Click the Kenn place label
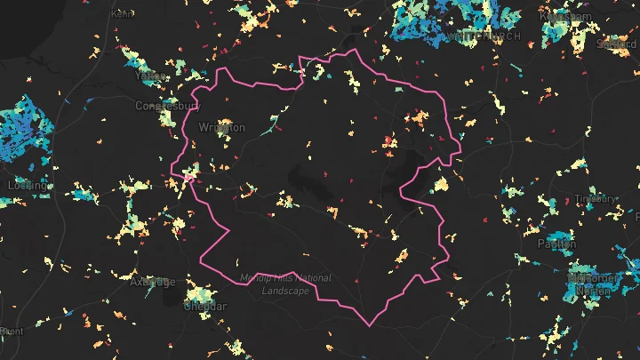pyautogui.click(x=124, y=14)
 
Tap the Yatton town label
pyautogui.click(x=148, y=76)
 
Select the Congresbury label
pyautogui.click(x=167, y=106)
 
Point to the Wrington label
pyautogui.click(x=222, y=128)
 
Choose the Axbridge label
pyautogui.click(x=152, y=282)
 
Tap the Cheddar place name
pyautogui.click(x=205, y=306)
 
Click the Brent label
pyautogui.click(x=11, y=331)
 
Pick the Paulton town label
pyautogui.click(x=556, y=243)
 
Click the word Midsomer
pyautogui.click(x=592, y=277)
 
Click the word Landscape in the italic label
pyautogui.click(x=284, y=291)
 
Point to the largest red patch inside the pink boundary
pyautogui.click(x=389, y=140)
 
